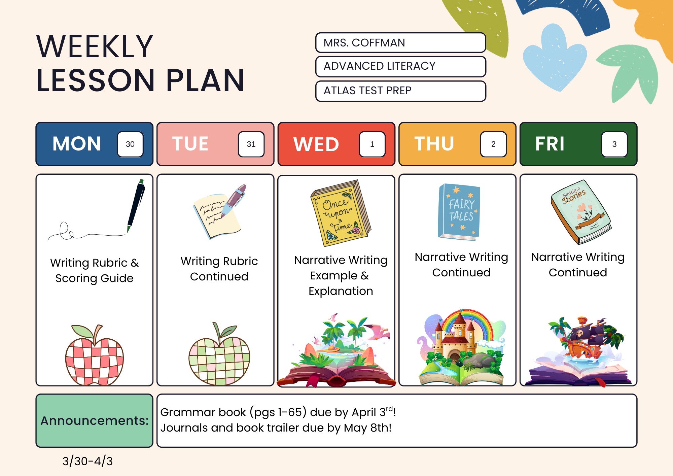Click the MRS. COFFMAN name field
click(x=400, y=43)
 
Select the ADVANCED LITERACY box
click(x=400, y=66)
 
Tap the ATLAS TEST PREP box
click(x=400, y=91)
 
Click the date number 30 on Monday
click(x=130, y=144)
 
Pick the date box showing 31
click(x=251, y=144)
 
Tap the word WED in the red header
click(x=316, y=144)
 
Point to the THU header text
click(x=434, y=143)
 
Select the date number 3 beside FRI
click(x=614, y=144)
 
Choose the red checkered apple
click(x=95, y=355)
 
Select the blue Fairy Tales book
click(x=459, y=212)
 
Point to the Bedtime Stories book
click(x=581, y=212)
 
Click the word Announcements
click(x=95, y=421)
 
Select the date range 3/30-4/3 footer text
click(x=87, y=461)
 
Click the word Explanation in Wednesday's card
click(x=341, y=291)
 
